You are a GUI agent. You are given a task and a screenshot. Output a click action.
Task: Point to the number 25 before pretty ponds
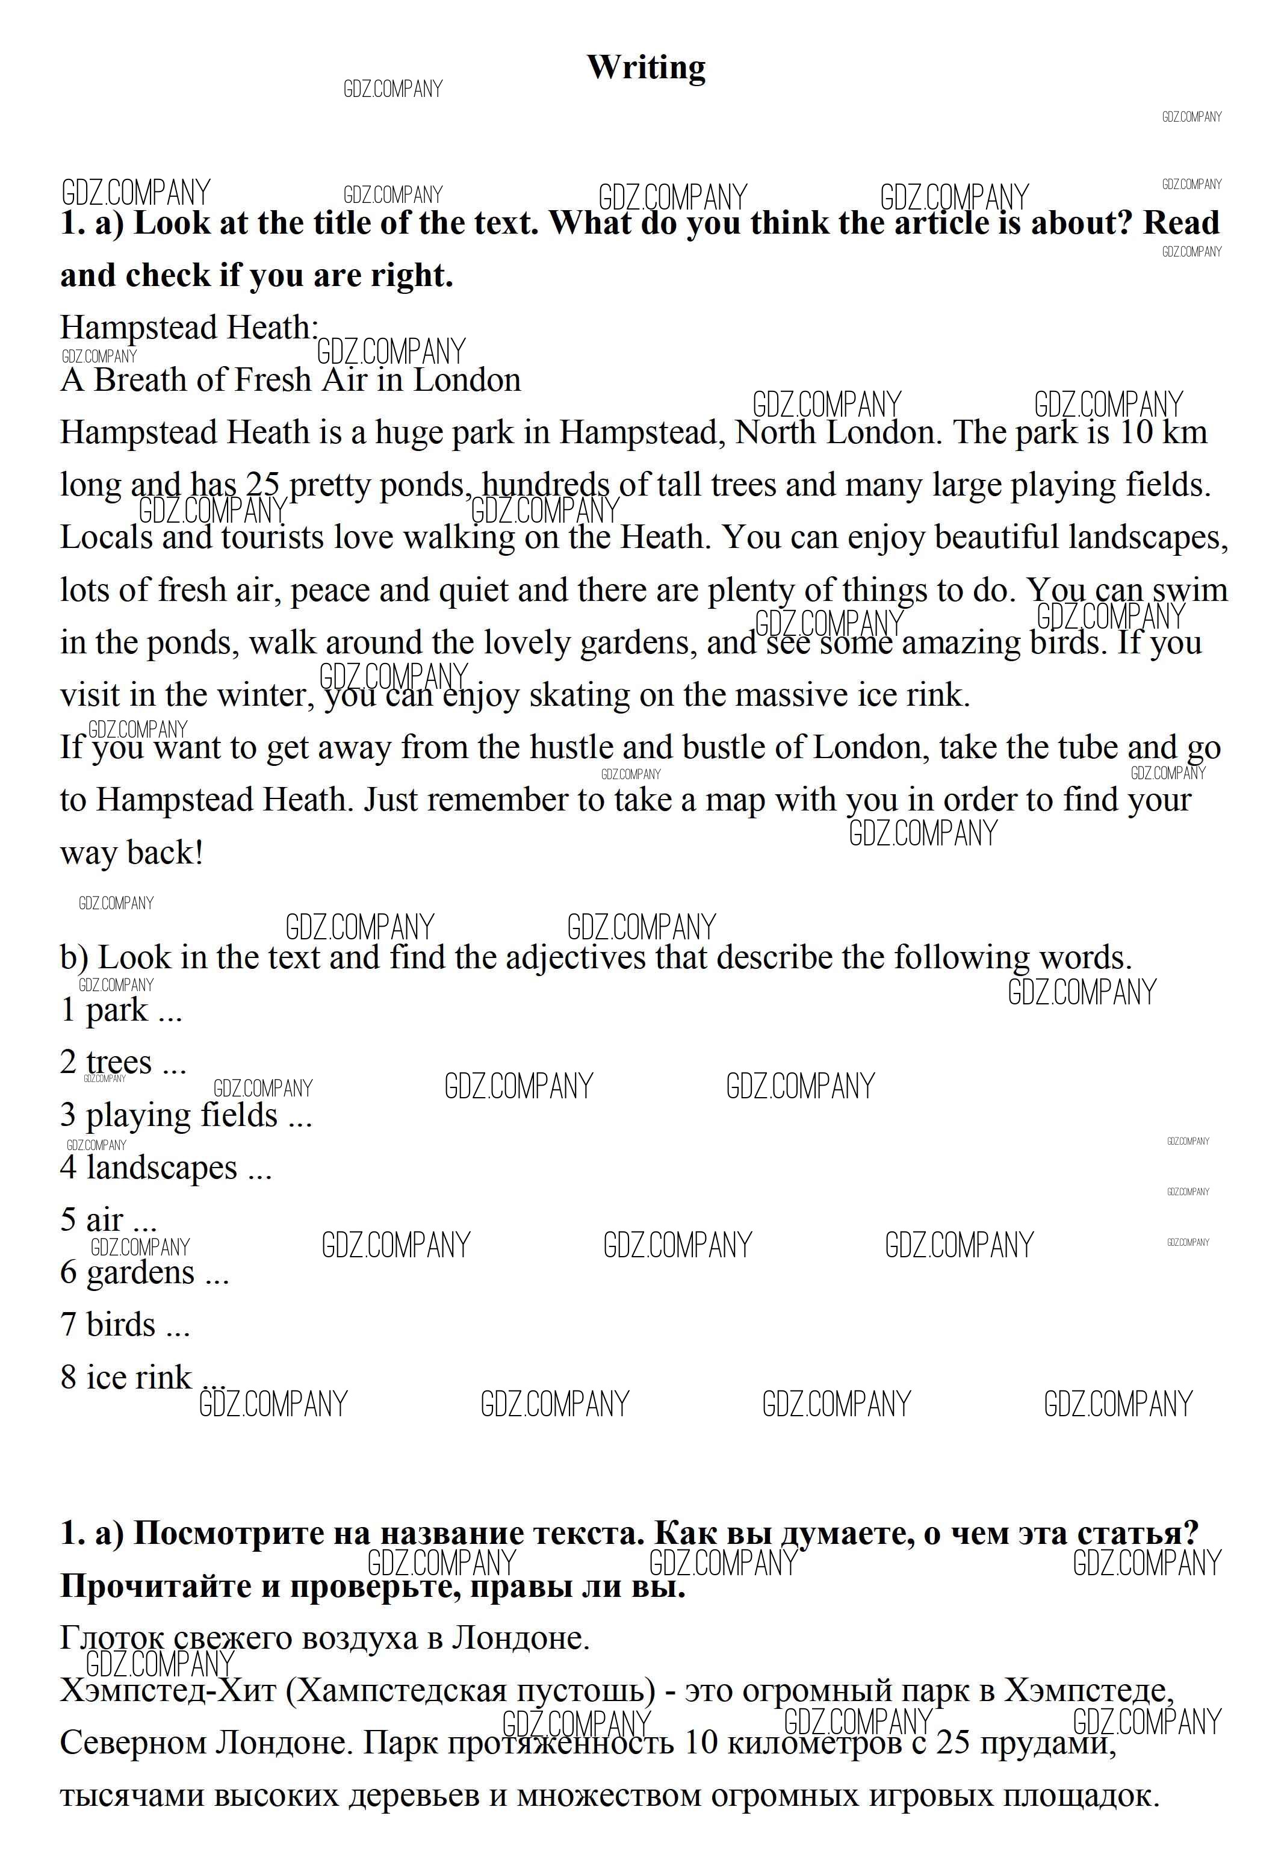262,485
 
